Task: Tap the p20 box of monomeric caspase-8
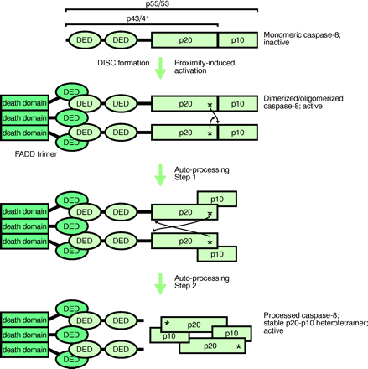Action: [184, 39]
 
